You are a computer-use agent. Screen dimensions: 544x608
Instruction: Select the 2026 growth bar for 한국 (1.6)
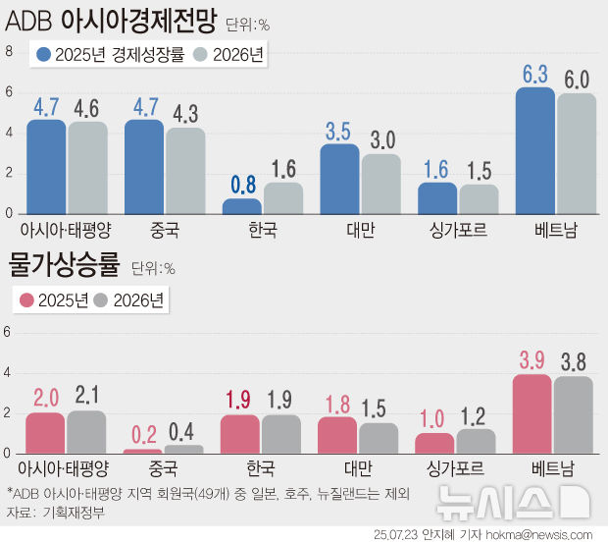pyautogui.click(x=283, y=197)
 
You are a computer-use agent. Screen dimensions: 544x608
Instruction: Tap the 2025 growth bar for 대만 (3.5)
pyautogui.click(x=340, y=179)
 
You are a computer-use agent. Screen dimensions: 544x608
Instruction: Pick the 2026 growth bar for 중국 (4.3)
pyautogui.click(x=185, y=171)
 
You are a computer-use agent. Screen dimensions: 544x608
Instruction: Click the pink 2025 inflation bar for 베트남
pyautogui.click(x=532, y=413)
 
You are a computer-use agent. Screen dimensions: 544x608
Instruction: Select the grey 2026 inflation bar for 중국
pyautogui.click(x=183, y=450)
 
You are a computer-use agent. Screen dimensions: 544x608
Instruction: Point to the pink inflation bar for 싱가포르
pyautogui.click(x=435, y=443)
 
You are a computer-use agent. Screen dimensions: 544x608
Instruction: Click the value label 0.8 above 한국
pyautogui.click(x=244, y=184)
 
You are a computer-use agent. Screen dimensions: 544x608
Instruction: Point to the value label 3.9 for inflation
pyautogui.click(x=532, y=360)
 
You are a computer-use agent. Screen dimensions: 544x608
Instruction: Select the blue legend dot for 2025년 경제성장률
pyautogui.click(x=44, y=55)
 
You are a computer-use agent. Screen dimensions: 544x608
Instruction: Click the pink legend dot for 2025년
pyautogui.click(x=27, y=300)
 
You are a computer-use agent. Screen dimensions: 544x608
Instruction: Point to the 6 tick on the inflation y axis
pyautogui.click(x=9, y=332)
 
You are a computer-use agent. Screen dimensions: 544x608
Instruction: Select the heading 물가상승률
pyautogui.click(x=64, y=265)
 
